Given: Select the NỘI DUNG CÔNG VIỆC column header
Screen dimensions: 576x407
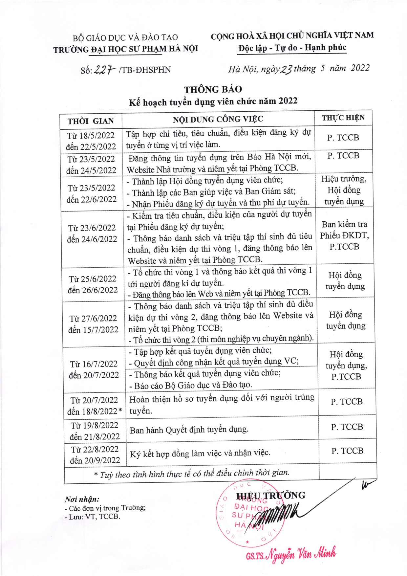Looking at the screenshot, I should click(218, 119).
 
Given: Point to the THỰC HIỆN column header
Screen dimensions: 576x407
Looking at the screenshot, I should click(343, 118).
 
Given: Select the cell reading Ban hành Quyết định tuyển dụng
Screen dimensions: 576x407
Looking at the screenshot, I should click(189, 430).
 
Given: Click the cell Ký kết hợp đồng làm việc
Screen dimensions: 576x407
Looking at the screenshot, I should click(200, 454).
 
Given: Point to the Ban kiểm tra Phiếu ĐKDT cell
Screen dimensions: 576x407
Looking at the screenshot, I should click(344, 235).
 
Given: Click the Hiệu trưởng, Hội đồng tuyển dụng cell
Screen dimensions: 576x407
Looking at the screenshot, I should click(344, 190).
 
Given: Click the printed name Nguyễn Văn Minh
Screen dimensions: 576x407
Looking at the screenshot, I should click(300, 555).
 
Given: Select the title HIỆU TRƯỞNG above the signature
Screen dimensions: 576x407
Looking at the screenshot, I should click(270, 496).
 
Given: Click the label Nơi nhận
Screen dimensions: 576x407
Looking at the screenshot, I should click(82, 499).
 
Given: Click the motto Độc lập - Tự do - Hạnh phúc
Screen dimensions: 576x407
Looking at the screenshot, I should click(292, 48).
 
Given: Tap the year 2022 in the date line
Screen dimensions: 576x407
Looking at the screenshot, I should click(360, 68).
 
